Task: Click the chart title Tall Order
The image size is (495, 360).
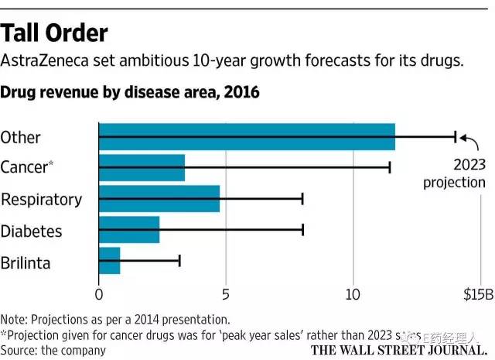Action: point(54,33)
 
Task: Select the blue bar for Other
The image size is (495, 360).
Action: point(247,137)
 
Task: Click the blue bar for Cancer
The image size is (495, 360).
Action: point(142,167)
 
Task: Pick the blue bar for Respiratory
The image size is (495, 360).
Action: point(159,199)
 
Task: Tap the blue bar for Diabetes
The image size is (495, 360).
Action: point(129,230)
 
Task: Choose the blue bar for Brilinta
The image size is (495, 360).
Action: point(110,261)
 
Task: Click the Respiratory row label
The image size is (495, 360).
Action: point(41,199)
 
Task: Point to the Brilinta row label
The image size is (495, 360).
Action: point(26,262)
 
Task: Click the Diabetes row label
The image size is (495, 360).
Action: point(31,231)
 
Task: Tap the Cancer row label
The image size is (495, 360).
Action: point(26,167)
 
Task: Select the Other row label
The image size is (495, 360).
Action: point(21,137)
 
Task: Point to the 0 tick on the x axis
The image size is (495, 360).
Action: point(99,295)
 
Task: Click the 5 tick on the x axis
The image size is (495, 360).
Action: point(226,295)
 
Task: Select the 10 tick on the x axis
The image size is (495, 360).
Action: point(353,295)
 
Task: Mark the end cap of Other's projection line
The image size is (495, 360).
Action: point(456,137)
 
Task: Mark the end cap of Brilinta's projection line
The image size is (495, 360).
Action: point(179,261)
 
